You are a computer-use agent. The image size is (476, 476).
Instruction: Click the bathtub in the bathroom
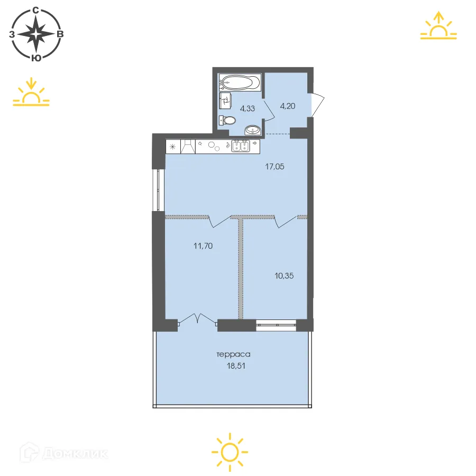pos(240,82)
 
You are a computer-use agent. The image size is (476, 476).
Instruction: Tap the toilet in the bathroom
pos(228,121)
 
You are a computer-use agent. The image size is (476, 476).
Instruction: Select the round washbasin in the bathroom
pos(253,129)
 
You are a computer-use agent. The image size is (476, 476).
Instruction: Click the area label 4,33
pos(247,108)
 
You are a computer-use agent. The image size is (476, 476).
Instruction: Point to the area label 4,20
pos(287,106)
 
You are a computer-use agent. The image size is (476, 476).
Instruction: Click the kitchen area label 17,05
pos(274,166)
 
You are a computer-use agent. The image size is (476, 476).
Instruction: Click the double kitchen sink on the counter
pos(241,146)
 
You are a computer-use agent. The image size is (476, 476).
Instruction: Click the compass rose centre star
pos(36,34)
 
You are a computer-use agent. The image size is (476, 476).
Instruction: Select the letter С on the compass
pos(36,11)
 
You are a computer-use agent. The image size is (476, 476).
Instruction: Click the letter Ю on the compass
pos(36,58)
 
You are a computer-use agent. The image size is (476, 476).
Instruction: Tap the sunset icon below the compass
pos(31,93)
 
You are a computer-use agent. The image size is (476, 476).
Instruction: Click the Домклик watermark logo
pos(64,453)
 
